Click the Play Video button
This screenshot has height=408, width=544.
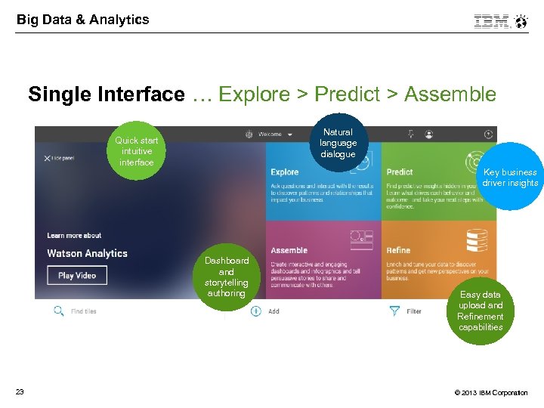click(x=77, y=275)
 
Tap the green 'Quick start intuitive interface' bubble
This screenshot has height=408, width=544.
click(x=136, y=152)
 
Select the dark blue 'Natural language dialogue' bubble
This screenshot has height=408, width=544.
click(x=338, y=143)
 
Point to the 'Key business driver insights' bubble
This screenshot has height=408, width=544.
click(x=510, y=178)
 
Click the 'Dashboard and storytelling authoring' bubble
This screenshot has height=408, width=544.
click(x=227, y=277)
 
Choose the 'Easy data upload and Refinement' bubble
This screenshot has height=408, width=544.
click(x=481, y=311)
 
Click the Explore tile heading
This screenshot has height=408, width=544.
click(x=285, y=172)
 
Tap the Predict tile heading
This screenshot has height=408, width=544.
click(x=400, y=172)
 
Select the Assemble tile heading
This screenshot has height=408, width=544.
click(x=289, y=250)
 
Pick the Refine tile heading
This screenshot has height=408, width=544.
click(x=398, y=250)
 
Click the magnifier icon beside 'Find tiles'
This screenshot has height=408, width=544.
click(x=58, y=311)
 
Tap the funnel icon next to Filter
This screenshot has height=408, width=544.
click(x=394, y=311)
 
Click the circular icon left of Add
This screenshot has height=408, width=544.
click(x=255, y=311)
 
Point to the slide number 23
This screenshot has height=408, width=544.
click(x=20, y=391)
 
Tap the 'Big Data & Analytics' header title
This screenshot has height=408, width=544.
click(x=83, y=20)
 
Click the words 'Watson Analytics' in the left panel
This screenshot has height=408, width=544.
click(x=87, y=253)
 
